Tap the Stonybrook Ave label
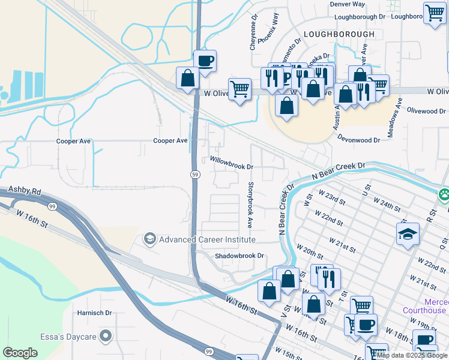[x=250, y=205]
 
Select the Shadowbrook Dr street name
[x=240, y=256]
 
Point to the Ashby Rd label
[x=24, y=191]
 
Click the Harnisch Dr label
[x=95, y=313]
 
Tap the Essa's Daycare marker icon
[x=106, y=335]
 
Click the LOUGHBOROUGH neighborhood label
[x=339, y=34]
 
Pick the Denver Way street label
[x=347, y=4]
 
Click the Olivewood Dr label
[x=426, y=112]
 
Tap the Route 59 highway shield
[x=195, y=174]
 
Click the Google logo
[x=20, y=353]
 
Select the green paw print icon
[x=444, y=195]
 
